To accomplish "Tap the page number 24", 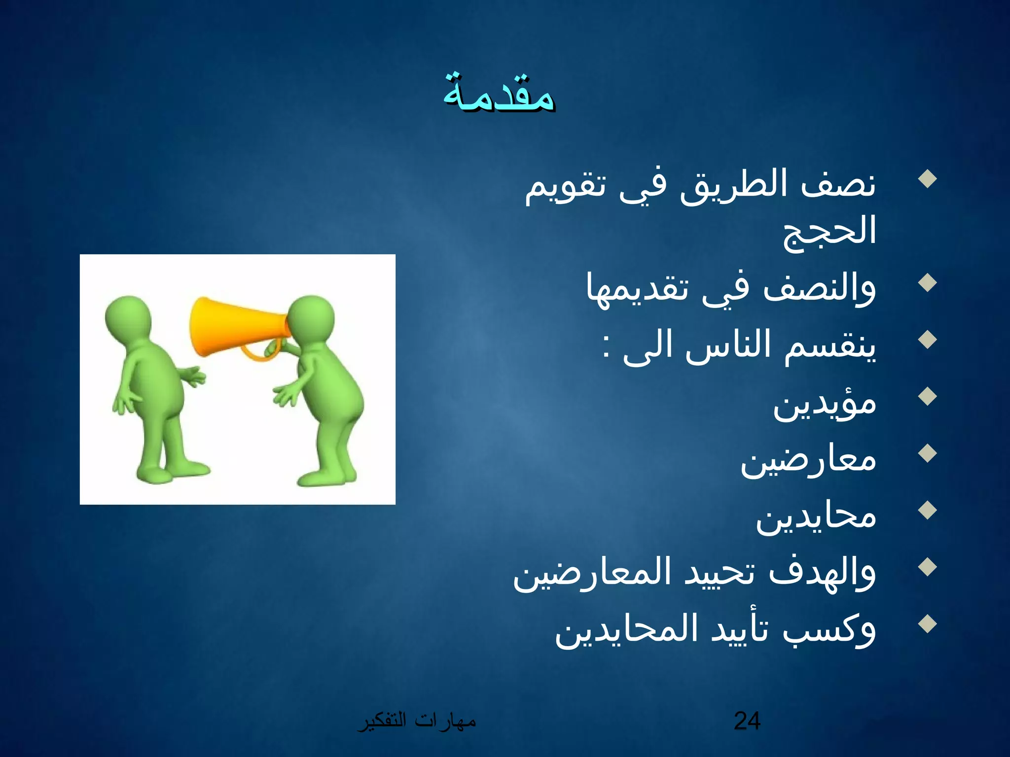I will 747,721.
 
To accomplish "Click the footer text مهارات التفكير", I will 417,721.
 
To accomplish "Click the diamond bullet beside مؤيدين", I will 928,397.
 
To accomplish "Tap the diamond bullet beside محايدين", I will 928,511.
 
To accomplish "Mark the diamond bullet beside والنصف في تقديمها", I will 928,283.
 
